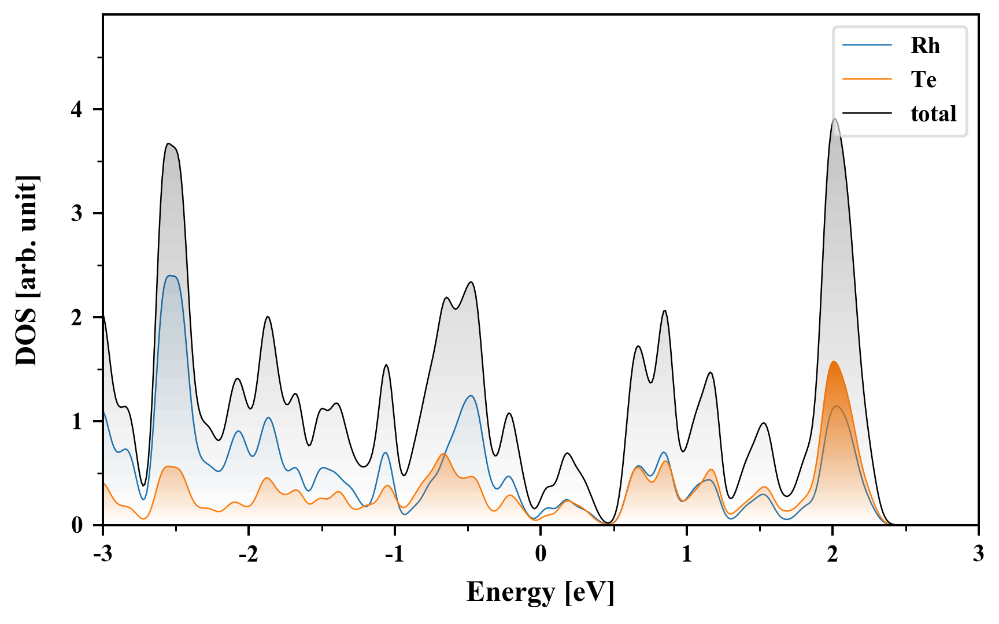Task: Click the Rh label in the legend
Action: pyautogui.click(x=925, y=46)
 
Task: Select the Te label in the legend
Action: pyautogui.click(x=923, y=80)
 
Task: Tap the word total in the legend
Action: pyautogui.click(x=933, y=114)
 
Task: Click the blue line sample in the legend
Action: pyautogui.click(x=867, y=45)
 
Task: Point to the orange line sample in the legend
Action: pyautogui.click(x=867, y=79)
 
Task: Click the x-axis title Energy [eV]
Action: pyautogui.click(x=540, y=592)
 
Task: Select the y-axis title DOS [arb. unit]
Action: pyautogui.click(x=27, y=270)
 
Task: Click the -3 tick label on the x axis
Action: pyautogui.click(x=102, y=554)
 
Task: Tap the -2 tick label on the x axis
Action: pyautogui.click(x=248, y=554)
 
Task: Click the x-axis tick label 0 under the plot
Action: pyautogui.click(x=541, y=554)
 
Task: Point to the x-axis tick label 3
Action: pyautogui.click(x=978, y=554)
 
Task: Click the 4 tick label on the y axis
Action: pyautogui.click(x=77, y=110)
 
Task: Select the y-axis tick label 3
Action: pyautogui.click(x=77, y=214)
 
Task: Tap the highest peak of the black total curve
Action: pyautogui.click(x=834, y=119)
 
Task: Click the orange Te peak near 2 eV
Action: pyautogui.click(x=834, y=362)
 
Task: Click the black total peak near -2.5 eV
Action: pyautogui.click(x=168, y=144)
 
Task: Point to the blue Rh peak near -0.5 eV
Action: pyautogui.click(x=472, y=396)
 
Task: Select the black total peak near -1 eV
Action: pyautogui.click(x=386, y=365)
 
